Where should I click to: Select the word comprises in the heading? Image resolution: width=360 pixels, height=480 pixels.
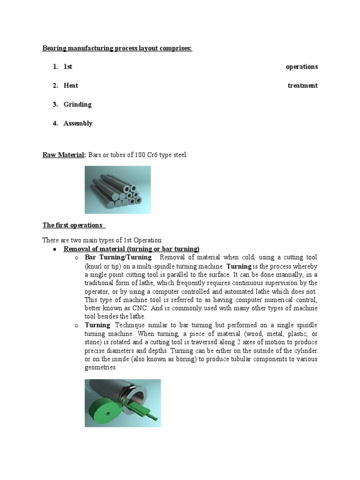pyautogui.click(x=175, y=48)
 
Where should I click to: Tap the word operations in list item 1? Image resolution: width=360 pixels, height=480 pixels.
pyautogui.click(x=301, y=67)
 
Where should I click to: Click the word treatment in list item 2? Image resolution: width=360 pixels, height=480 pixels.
pyautogui.click(x=302, y=85)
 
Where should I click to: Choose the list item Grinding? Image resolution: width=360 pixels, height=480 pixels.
pyautogui.click(x=77, y=105)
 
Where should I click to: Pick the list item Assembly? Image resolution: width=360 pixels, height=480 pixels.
pyautogui.click(x=78, y=123)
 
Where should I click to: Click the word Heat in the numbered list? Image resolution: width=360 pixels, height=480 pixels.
pyautogui.click(x=71, y=85)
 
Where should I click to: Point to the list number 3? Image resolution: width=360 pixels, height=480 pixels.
pyautogui.click(x=55, y=105)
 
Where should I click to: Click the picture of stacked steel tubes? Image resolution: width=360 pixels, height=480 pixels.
pyautogui.click(x=118, y=189)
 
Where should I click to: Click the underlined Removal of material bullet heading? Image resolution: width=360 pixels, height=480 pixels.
pyautogui.click(x=131, y=248)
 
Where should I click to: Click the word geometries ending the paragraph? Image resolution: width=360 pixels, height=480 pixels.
pyautogui.click(x=100, y=367)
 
